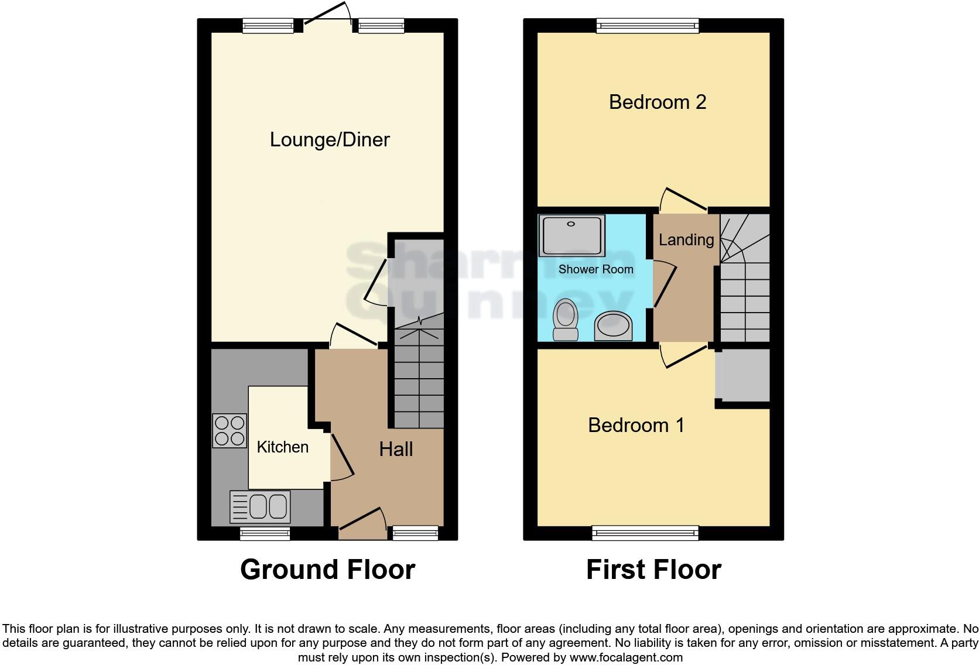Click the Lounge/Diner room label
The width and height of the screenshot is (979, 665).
tap(330, 140)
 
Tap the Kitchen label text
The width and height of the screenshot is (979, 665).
tap(282, 447)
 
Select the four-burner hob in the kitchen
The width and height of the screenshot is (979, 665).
tap(230, 431)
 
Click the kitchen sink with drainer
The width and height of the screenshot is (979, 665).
tap(261, 506)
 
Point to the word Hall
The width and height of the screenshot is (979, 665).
tap(396, 450)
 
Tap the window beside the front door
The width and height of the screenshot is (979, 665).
tap(415, 533)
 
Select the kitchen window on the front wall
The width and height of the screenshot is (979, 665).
tap(265, 533)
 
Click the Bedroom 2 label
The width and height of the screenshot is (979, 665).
tap(658, 102)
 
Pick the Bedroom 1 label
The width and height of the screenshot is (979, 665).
tap(636, 425)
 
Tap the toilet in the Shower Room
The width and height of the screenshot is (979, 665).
tap(566, 320)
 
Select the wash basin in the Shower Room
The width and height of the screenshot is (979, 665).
tap(614, 325)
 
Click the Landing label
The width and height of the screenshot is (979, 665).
tap(686, 240)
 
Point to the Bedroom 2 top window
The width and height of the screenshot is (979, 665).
tap(648, 25)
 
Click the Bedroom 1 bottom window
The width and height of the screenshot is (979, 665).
tap(645, 533)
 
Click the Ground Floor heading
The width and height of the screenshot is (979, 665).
tap(327, 570)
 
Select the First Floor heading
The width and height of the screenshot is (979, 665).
tap(653, 570)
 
